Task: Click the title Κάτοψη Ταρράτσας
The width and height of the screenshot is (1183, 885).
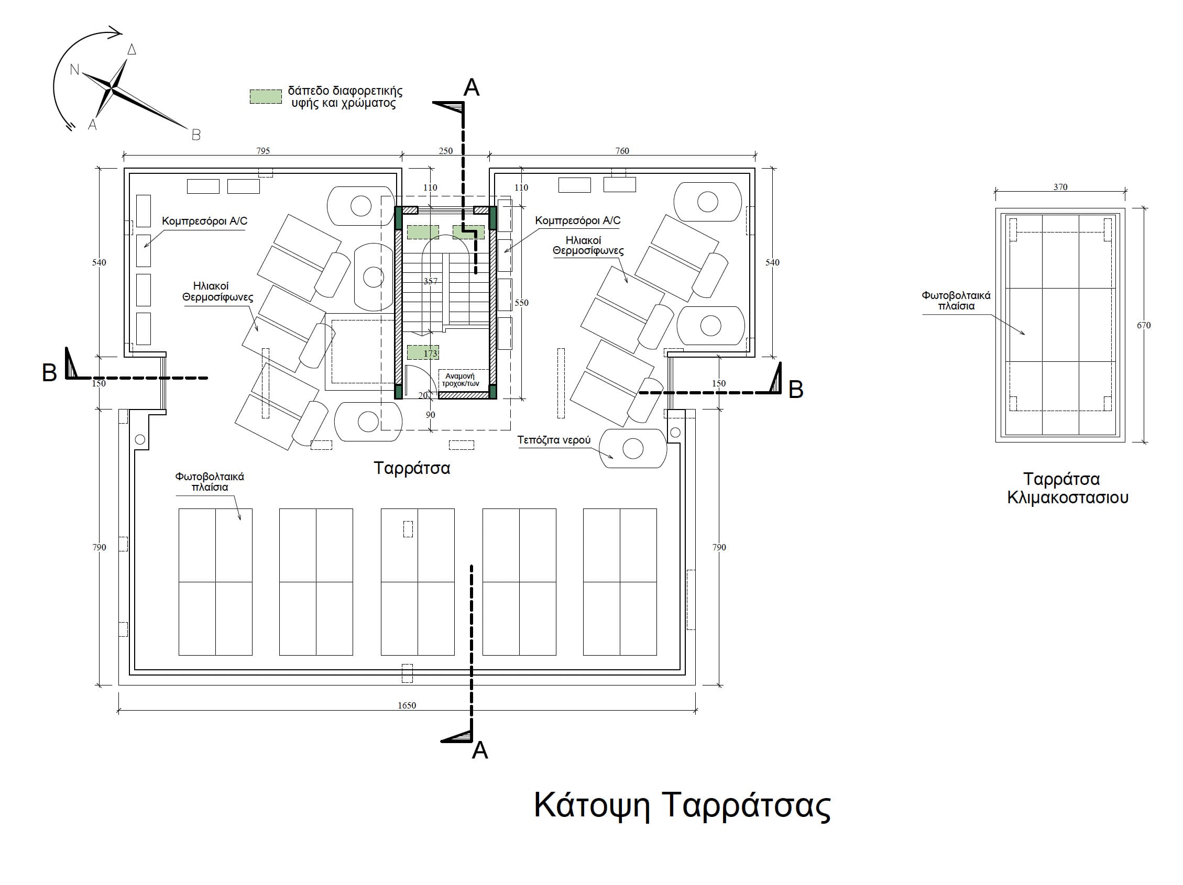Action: tap(682, 806)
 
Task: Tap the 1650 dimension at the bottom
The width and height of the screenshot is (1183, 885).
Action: tap(407, 705)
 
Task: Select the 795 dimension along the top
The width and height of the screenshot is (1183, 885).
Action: tap(262, 151)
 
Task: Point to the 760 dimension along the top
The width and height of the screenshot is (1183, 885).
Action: tap(622, 151)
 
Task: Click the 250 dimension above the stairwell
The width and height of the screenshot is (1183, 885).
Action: tap(445, 151)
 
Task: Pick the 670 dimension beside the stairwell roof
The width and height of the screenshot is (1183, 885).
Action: tap(1143, 325)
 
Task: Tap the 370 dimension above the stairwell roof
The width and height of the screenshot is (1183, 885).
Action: tap(1060, 187)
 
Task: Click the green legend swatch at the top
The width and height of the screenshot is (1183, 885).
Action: tap(266, 96)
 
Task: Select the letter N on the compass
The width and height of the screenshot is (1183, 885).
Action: tap(74, 70)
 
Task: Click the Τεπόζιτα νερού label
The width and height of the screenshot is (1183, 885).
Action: tap(554, 440)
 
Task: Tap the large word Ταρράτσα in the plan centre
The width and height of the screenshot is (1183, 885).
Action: tap(412, 468)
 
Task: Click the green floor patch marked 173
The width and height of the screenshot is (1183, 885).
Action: tap(423, 353)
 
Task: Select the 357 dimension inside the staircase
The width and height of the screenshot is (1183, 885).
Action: tap(430, 281)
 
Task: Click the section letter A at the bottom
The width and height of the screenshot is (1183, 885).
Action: tap(480, 751)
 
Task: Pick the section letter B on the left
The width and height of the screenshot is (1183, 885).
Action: tap(49, 373)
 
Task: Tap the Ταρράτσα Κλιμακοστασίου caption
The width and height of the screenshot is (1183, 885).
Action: tap(1068, 488)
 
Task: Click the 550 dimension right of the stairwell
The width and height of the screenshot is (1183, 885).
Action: tap(521, 303)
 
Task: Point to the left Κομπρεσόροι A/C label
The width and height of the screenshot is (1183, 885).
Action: tap(205, 220)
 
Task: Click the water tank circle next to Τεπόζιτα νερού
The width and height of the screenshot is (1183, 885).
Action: tap(633, 448)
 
